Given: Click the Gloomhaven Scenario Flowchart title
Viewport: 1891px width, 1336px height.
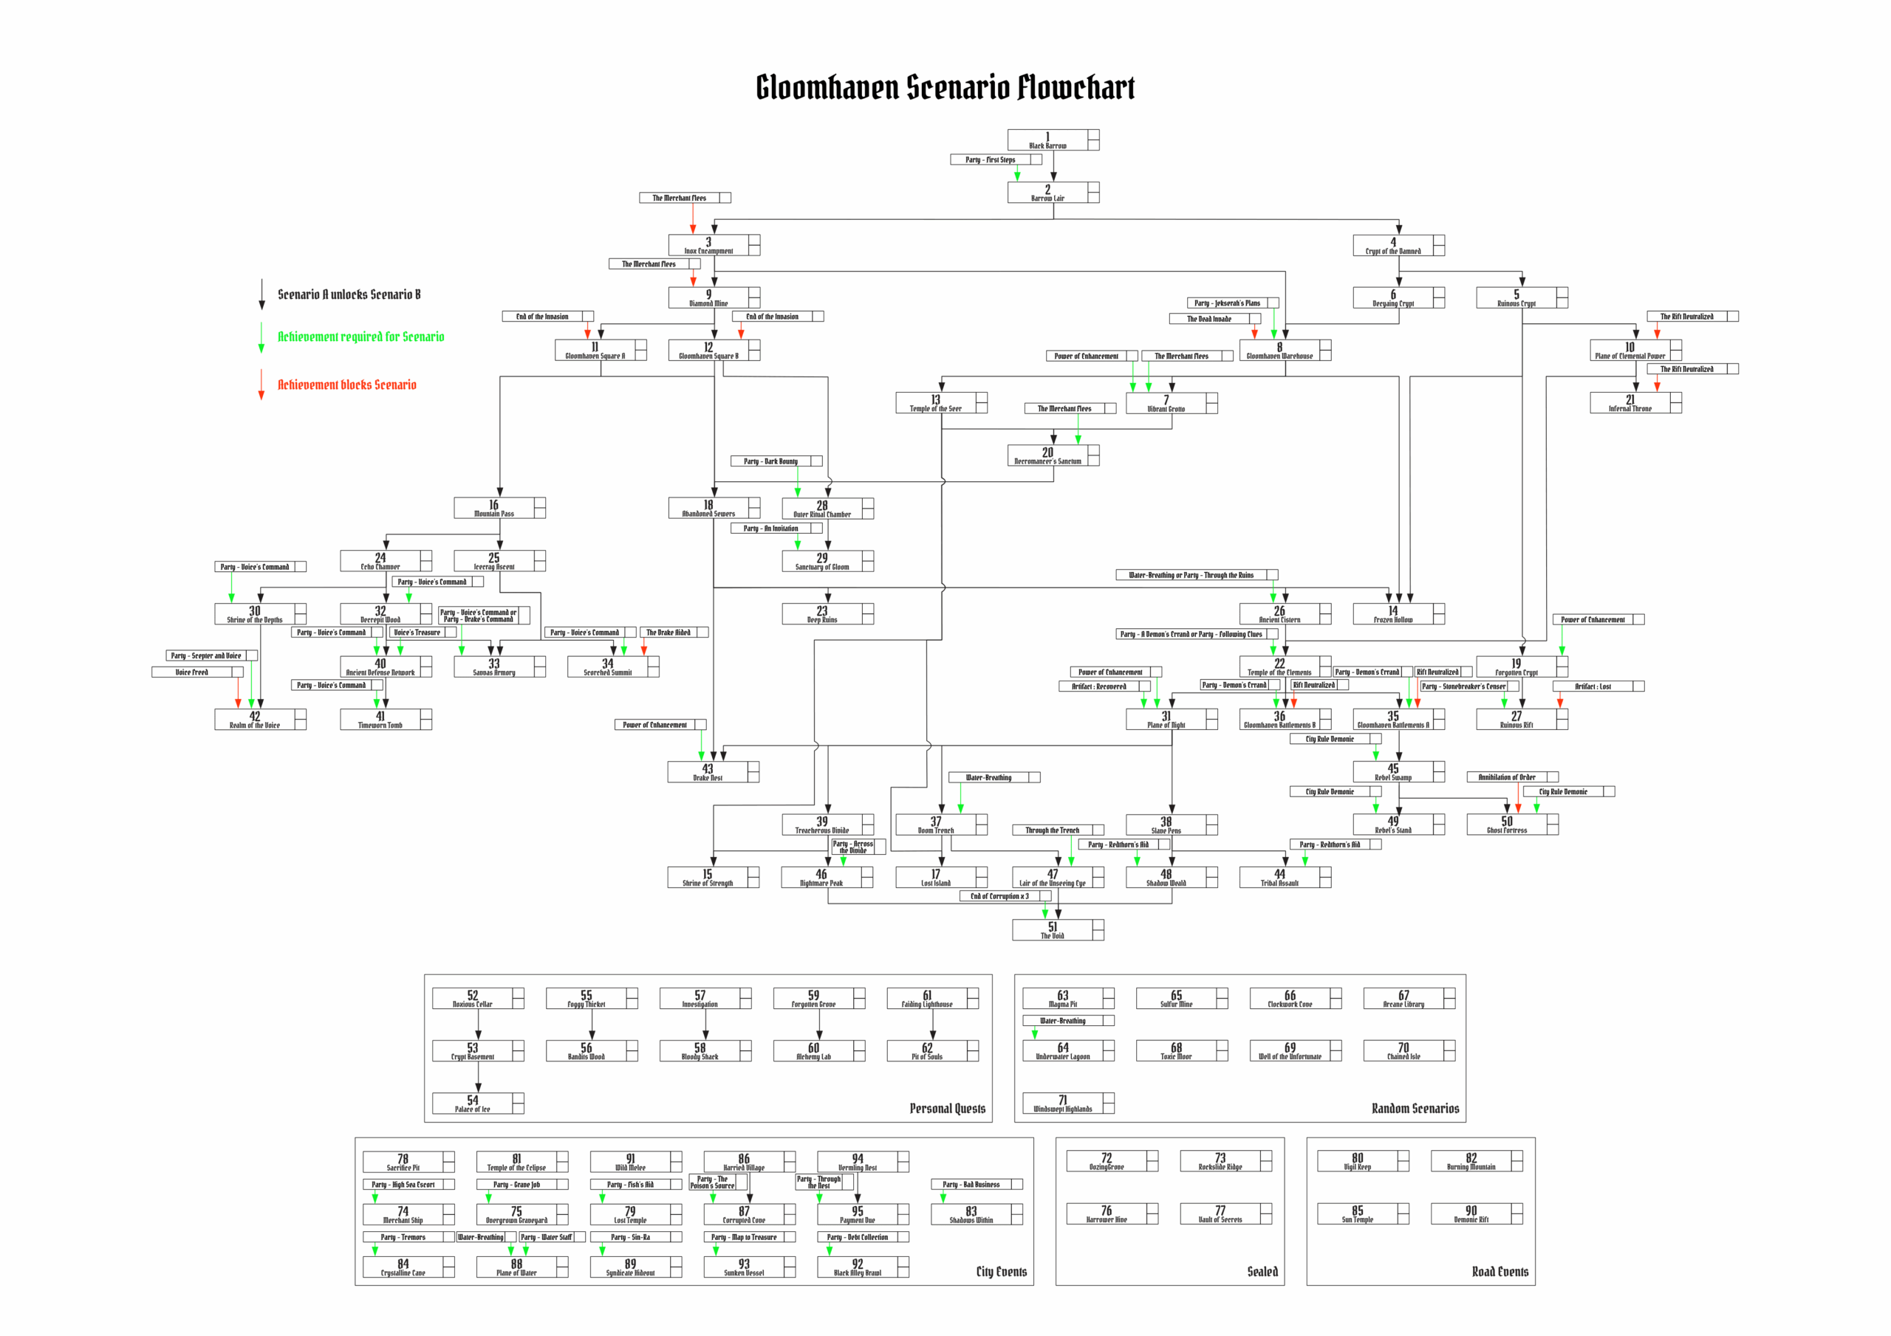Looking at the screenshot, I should point(945,87).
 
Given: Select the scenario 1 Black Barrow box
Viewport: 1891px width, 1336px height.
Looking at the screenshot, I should point(1047,140).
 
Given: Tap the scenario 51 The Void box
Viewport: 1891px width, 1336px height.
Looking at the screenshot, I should point(1053,930).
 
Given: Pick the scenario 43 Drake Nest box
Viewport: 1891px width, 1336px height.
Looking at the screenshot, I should point(708,772).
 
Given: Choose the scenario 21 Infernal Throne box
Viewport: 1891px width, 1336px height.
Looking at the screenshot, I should point(1630,402).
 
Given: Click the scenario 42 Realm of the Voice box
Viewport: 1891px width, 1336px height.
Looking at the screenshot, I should point(255,720).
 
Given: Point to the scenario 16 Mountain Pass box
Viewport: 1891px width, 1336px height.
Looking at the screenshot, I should point(493,508).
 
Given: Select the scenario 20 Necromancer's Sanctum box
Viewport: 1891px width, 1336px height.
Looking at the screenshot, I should point(1047,455).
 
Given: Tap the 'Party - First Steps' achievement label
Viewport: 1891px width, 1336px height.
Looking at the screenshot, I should point(990,159).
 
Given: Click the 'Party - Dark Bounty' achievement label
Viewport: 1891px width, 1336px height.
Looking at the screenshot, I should point(771,461).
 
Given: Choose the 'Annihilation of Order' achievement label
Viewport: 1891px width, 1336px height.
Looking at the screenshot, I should point(1506,777).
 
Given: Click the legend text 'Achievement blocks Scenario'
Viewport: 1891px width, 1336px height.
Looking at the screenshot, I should point(346,385).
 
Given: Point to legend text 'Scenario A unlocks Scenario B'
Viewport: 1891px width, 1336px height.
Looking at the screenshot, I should point(349,295).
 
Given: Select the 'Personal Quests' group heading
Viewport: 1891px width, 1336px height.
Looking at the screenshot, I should point(947,1109).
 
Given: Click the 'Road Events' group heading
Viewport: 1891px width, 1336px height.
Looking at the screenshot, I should point(1500,1272).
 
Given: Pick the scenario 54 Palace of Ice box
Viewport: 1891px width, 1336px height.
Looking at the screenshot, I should point(473,1103).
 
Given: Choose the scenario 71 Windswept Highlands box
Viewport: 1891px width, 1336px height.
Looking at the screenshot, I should point(1062,1103).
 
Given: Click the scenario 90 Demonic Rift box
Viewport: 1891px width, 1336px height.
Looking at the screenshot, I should point(1471,1213).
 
